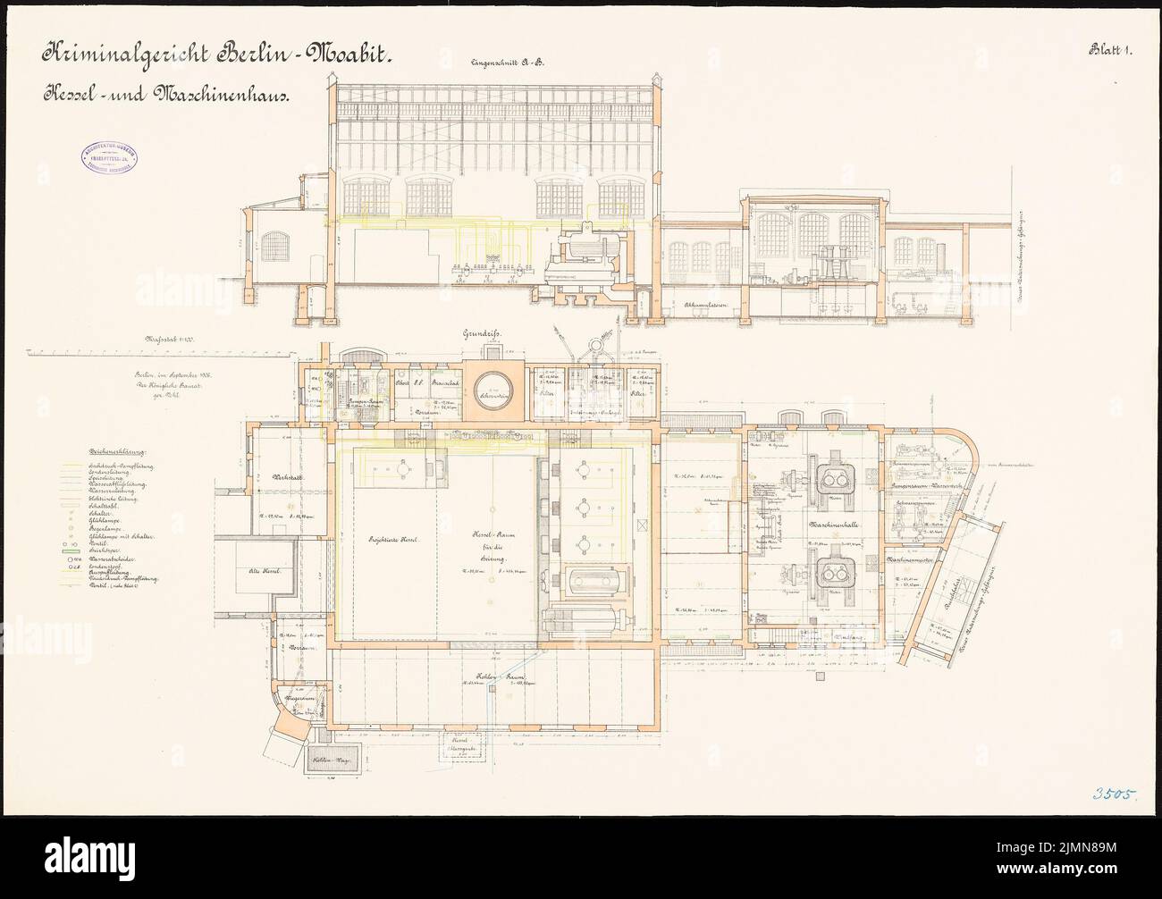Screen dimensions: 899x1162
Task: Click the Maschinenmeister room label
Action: tap(914, 560)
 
